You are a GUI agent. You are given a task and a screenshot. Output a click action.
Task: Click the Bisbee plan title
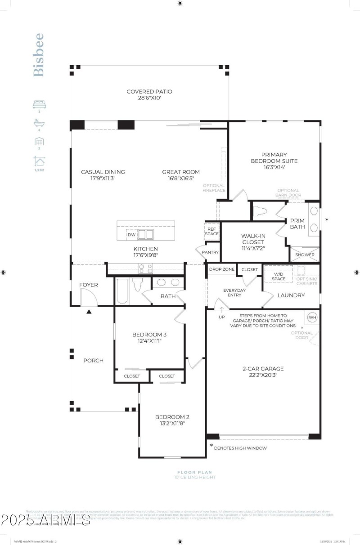(x=39, y=54)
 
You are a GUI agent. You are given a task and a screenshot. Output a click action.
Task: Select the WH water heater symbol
(x=312, y=317)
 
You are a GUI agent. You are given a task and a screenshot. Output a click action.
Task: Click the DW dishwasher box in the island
(x=131, y=235)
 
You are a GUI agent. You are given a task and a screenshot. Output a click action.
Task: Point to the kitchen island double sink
(x=145, y=234)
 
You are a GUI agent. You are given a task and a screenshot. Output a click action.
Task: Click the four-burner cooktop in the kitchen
(x=146, y=269)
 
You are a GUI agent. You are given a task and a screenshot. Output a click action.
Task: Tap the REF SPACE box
(x=211, y=231)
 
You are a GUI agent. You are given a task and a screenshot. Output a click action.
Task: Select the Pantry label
(x=210, y=252)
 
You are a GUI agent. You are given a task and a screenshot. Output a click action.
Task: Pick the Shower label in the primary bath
(x=305, y=255)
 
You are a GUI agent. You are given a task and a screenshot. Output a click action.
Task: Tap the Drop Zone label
(x=221, y=269)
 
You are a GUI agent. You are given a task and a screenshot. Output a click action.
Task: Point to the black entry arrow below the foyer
(x=89, y=311)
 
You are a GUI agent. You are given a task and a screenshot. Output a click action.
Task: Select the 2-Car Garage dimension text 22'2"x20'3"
(x=263, y=375)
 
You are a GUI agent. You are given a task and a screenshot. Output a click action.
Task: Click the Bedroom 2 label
(x=170, y=416)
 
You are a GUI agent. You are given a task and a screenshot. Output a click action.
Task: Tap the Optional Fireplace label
(x=214, y=188)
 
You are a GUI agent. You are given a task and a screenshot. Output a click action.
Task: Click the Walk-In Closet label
(x=252, y=239)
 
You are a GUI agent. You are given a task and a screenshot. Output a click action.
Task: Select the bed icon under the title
(x=39, y=104)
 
